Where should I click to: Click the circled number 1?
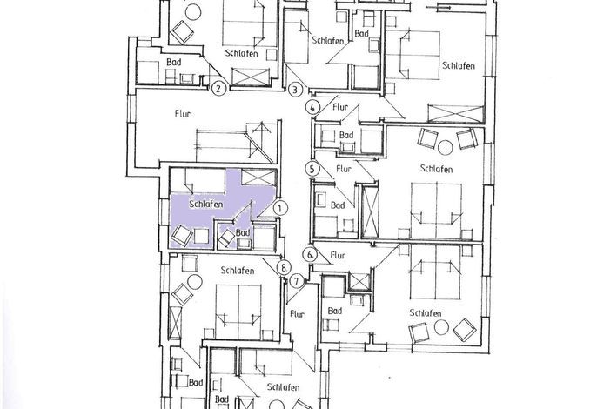coord(280,208)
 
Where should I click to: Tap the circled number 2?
coord(218,89)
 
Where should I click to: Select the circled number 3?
coord(295,90)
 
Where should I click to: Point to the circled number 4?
coord(312,107)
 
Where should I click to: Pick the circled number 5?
coord(312,169)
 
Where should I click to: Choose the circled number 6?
coord(311,255)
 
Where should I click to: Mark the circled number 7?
coord(297,282)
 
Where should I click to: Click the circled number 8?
coord(284,267)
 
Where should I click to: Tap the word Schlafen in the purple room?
coord(206,204)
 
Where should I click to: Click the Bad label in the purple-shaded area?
coord(243,232)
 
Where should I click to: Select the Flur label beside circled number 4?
coord(340,107)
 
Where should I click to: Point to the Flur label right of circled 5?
coord(344,168)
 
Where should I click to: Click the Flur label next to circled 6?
coord(338,255)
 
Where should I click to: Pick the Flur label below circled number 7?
coord(297,314)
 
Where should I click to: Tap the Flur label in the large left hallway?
coord(183,113)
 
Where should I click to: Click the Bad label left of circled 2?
coord(174,62)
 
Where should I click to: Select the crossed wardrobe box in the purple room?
coord(258,178)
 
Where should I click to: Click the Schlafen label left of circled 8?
coord(238,271)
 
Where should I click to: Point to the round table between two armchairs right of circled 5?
coord(445,148)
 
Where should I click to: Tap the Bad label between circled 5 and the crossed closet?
coord(338,205)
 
